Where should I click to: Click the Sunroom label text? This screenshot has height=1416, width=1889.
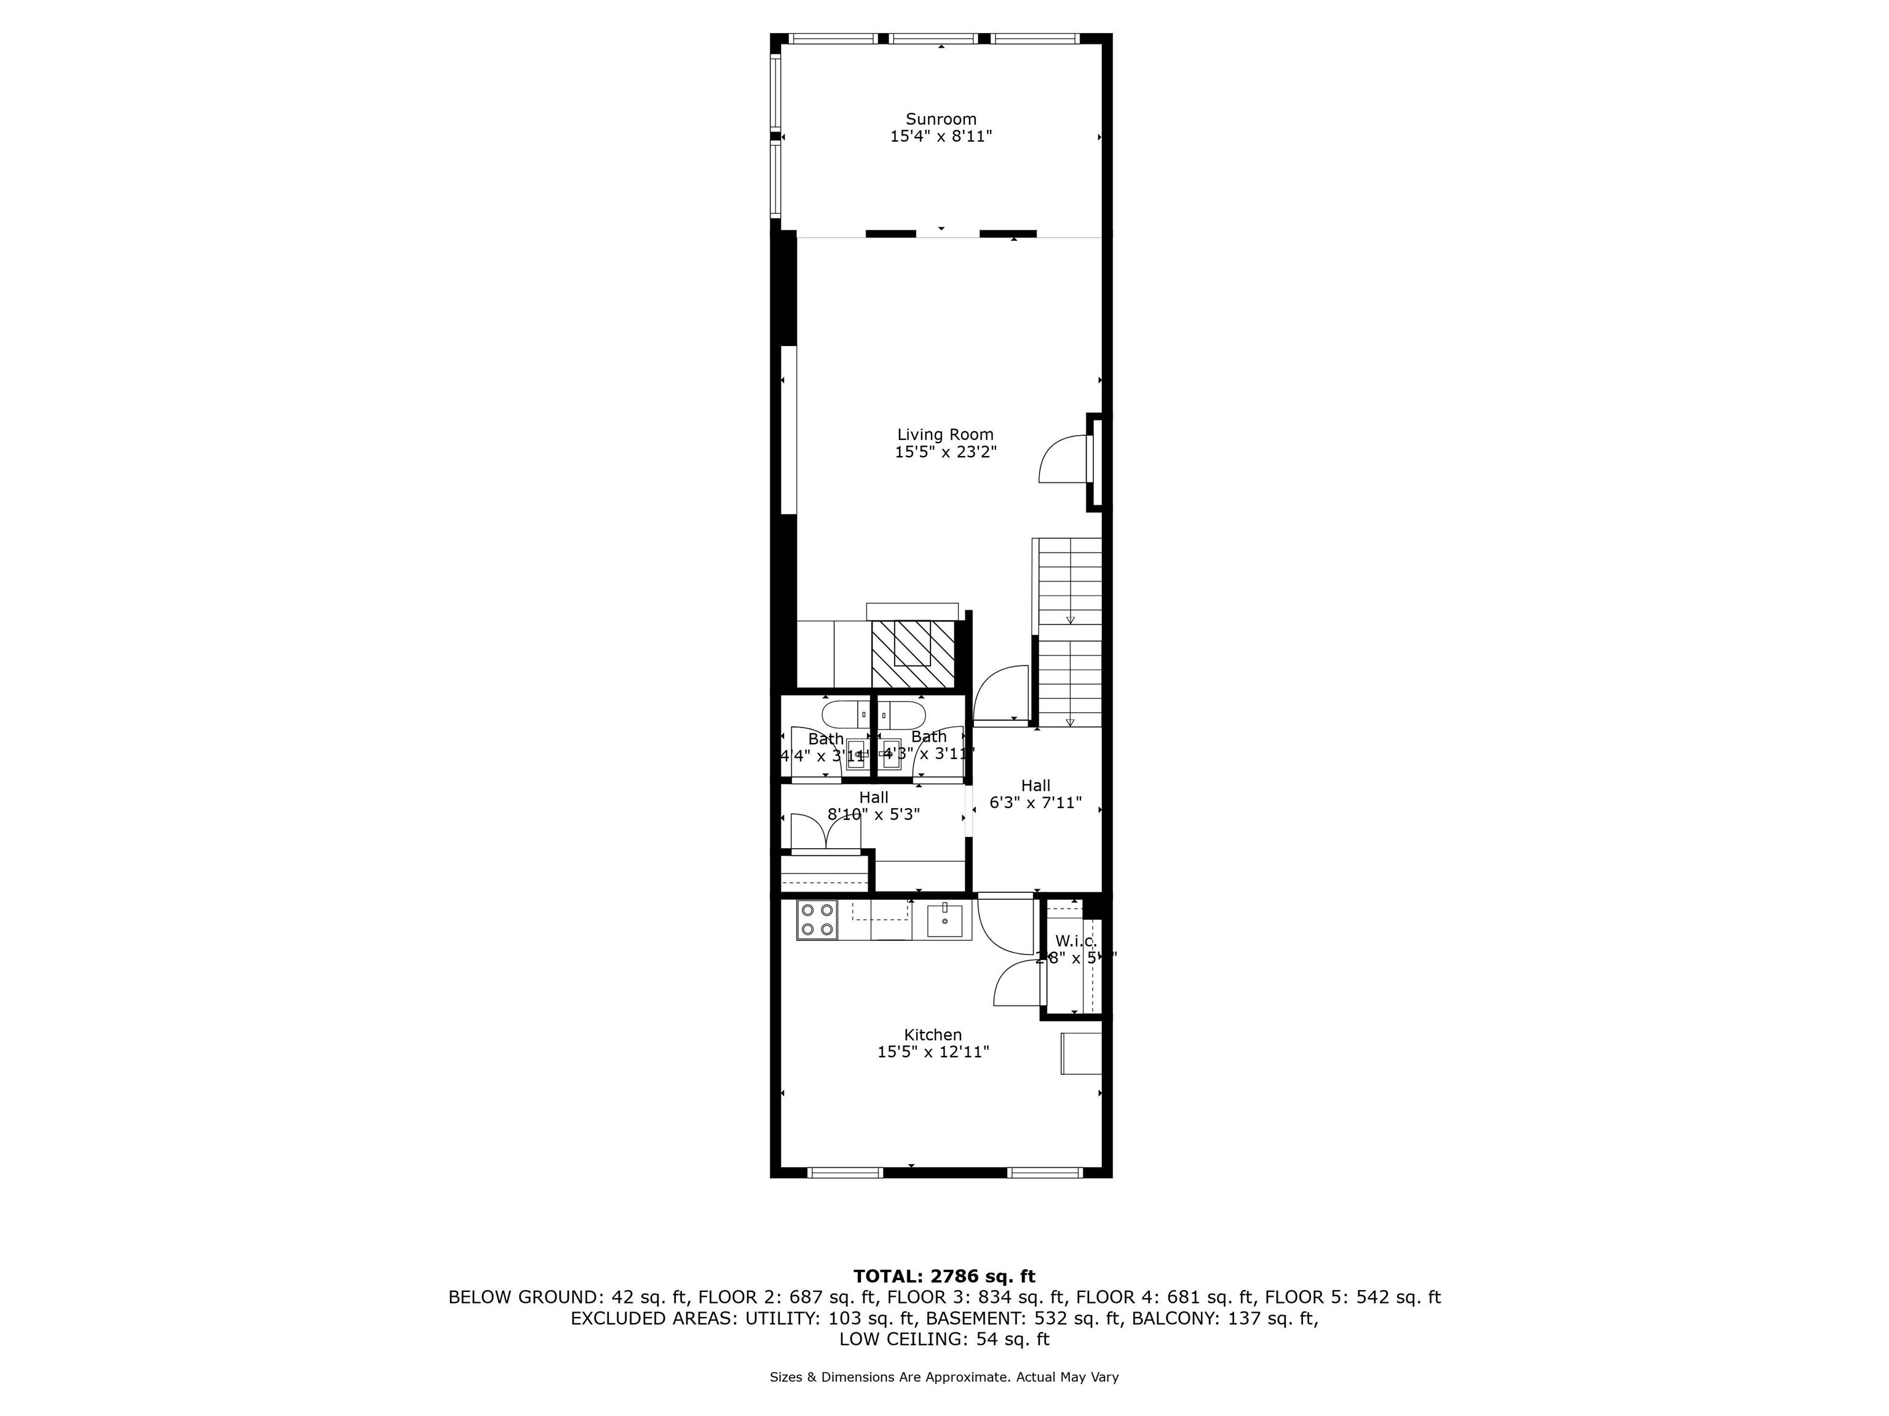[940, 119]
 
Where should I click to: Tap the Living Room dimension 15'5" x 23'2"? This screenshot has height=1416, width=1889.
[945, 452]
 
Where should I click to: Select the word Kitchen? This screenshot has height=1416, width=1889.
[933, 1034]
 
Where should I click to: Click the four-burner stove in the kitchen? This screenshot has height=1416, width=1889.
[817, 920]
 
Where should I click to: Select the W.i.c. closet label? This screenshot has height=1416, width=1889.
[1075, 940]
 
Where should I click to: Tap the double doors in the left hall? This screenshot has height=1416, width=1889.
[825, 832]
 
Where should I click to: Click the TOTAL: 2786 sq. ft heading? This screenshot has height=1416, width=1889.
[944, 1276]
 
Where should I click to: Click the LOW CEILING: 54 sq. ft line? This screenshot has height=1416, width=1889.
[944, 1339]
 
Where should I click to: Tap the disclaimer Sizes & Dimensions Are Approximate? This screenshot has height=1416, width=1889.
[944, 1377]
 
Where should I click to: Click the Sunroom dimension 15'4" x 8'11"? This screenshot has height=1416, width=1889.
[940, 136]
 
